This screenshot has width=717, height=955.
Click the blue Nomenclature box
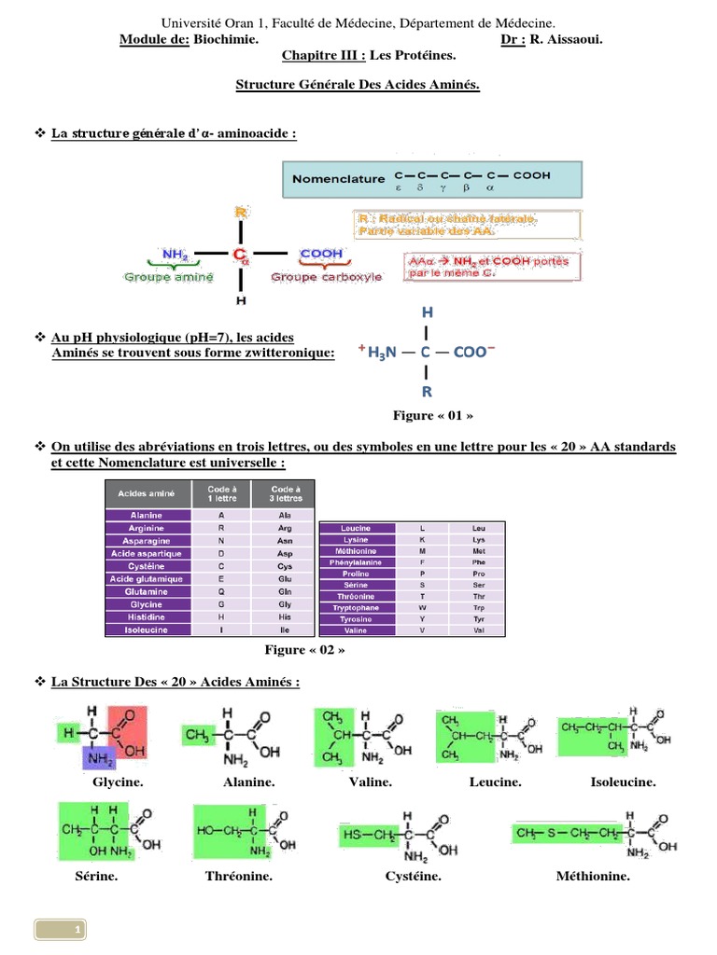[432, 179]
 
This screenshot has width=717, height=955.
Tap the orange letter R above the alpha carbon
[241, 213]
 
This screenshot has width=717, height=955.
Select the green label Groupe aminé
[168, 277]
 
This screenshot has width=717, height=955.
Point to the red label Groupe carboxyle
[326, 277]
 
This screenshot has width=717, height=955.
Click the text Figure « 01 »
[427, 415]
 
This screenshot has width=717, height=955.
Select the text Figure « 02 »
[299, 650]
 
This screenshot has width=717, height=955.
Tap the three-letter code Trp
[478, 608]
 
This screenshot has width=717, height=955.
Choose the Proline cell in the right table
[355, 574]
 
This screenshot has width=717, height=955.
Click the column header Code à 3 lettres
[285, 493]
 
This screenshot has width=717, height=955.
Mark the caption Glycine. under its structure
[118, 782]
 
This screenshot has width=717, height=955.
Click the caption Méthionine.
[593, 877]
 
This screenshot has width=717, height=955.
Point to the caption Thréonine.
[238, 877]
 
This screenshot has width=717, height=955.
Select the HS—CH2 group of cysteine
[370, 833]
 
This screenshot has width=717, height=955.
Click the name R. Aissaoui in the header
[566, 39]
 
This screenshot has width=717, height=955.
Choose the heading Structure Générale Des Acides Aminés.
[358, 85]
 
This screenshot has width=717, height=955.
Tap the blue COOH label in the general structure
[321, 254]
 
